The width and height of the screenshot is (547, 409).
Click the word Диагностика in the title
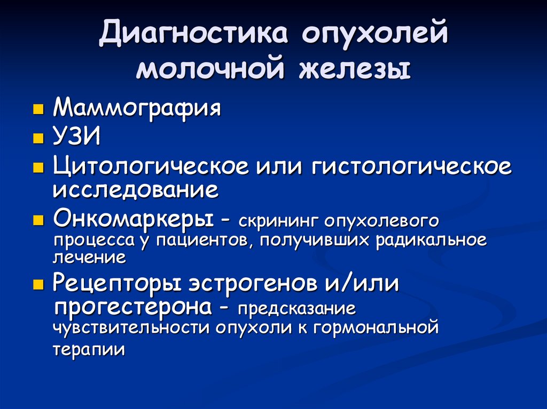tap(194, 34)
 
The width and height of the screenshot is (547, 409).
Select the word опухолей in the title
tap(374, 35)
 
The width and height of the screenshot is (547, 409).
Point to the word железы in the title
tap(354, 69)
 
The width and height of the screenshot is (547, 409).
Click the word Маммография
tap(137, 107)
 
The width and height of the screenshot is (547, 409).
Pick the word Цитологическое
tap(151, 166)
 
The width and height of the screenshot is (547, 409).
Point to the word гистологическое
tap(412, 166)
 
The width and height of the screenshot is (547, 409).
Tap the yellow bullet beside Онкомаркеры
tap(38, 221)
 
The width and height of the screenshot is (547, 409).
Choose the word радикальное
tap(431, 239)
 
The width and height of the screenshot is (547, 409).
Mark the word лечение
tap(89, 258)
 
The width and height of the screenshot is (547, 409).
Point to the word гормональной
tap(376, 328)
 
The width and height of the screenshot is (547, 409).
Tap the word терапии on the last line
tap(89, 349)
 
